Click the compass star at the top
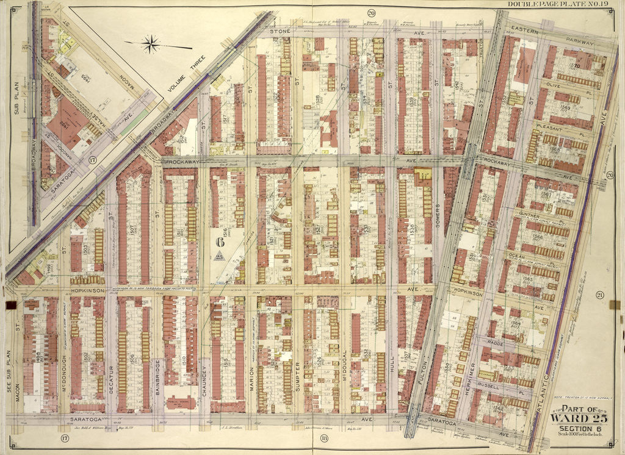click(150, 43)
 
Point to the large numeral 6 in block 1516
click(219, 242)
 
